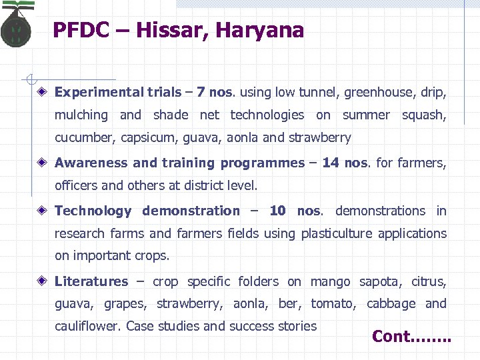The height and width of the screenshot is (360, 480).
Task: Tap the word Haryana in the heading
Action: pyautogui.click(x=265, y=31)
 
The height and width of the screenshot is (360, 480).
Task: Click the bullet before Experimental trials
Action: pyautogui.click(x=42, y=93)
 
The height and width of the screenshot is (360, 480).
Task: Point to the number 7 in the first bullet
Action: pyautogui.click(x=201, y=92)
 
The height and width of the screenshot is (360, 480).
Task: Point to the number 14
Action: pyautogui.click(x=330, y=163)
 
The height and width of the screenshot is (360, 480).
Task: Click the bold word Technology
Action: pyautogui.click(x=93, y=211)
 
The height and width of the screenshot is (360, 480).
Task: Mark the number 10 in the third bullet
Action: pyautogui.click(x=277, y=211)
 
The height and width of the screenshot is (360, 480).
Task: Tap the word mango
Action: pyautogui.click(x=330, y=282)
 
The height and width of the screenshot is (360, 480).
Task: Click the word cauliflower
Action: pyautogui.click(x=88, y=326)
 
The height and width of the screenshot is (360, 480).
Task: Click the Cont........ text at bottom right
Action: pyautogui.click(x=411, y=337)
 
